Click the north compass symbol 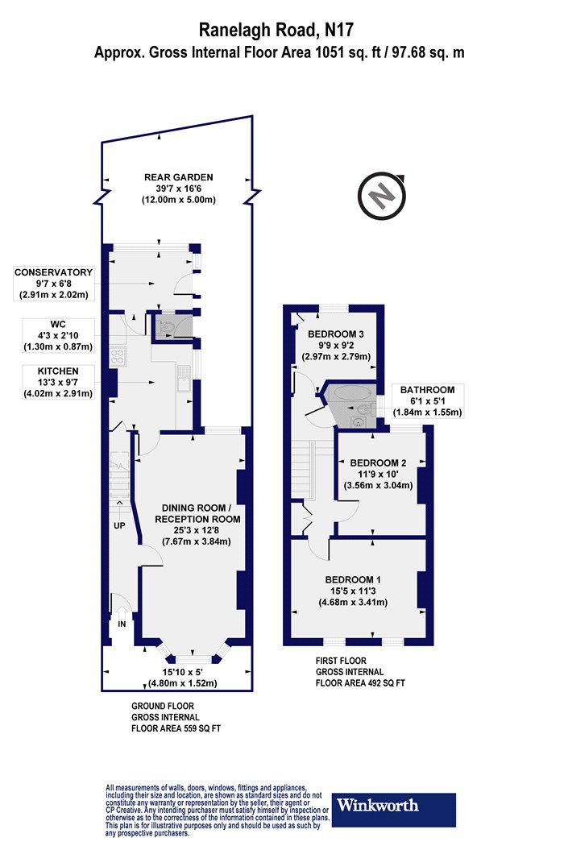(383, 195)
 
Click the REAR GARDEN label (179, 177)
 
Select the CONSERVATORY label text (53, 272)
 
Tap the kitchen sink (184, 377)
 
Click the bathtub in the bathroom (352, 393)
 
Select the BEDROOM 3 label (332, 334)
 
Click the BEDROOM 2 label (378, 462)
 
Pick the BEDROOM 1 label (352, 579)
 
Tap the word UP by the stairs (119, 525)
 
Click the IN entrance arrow (122, 614)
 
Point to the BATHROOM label (427, 389)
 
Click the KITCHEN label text (58, 371)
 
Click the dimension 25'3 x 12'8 (197, 530)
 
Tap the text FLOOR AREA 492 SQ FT (360, 683)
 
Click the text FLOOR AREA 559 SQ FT (176, 728)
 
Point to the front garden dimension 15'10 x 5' (182, 672)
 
